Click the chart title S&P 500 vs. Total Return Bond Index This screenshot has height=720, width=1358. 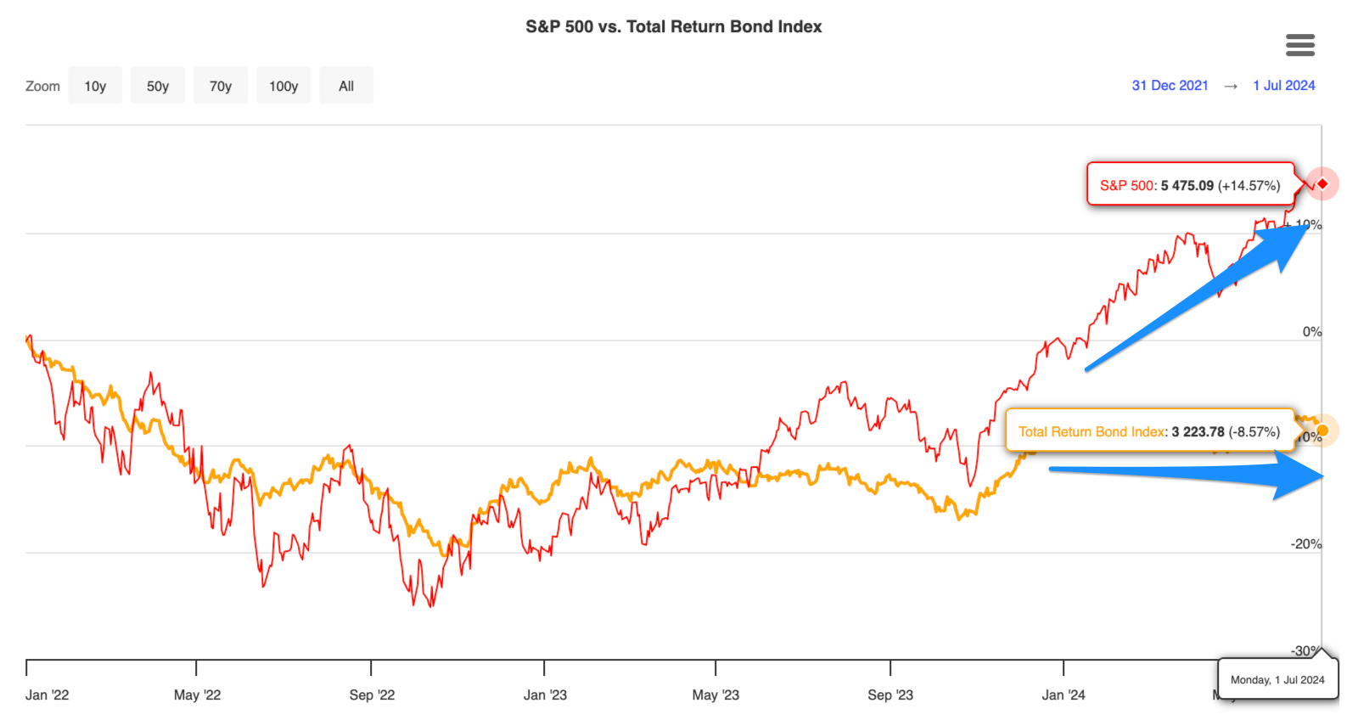click(x=673, y=26)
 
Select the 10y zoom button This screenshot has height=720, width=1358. click(x=95, y=86)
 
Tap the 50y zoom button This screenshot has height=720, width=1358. click(x=158, y=86)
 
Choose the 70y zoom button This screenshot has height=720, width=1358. click(x=221, y=86)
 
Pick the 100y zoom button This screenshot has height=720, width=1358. click(x=283, y=86)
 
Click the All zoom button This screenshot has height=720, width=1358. click(x=346, y=86)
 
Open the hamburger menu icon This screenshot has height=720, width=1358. click(x=1299, y=45)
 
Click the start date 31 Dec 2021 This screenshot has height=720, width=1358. click(x=1170, y=86)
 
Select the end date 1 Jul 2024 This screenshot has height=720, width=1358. click(x=1283, y=86)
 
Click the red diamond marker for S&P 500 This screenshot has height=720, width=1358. click(x=1322, y=183)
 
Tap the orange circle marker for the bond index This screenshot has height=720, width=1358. click(x=1322, y=430)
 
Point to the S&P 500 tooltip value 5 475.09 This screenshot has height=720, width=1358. click(x=1187, y=186)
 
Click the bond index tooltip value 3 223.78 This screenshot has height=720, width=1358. click(x=1198, y=432)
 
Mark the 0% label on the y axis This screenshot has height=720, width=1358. click(x=1311, y=332)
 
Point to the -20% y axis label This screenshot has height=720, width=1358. click(x=1306, y=544)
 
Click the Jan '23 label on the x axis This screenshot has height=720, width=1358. click(x=545, y=695)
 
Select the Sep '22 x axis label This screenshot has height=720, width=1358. click(x=372, y=695)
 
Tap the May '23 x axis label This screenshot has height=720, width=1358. click(x=715, y=695)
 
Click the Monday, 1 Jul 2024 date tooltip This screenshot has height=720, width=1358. click(x=1277, y=680)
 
